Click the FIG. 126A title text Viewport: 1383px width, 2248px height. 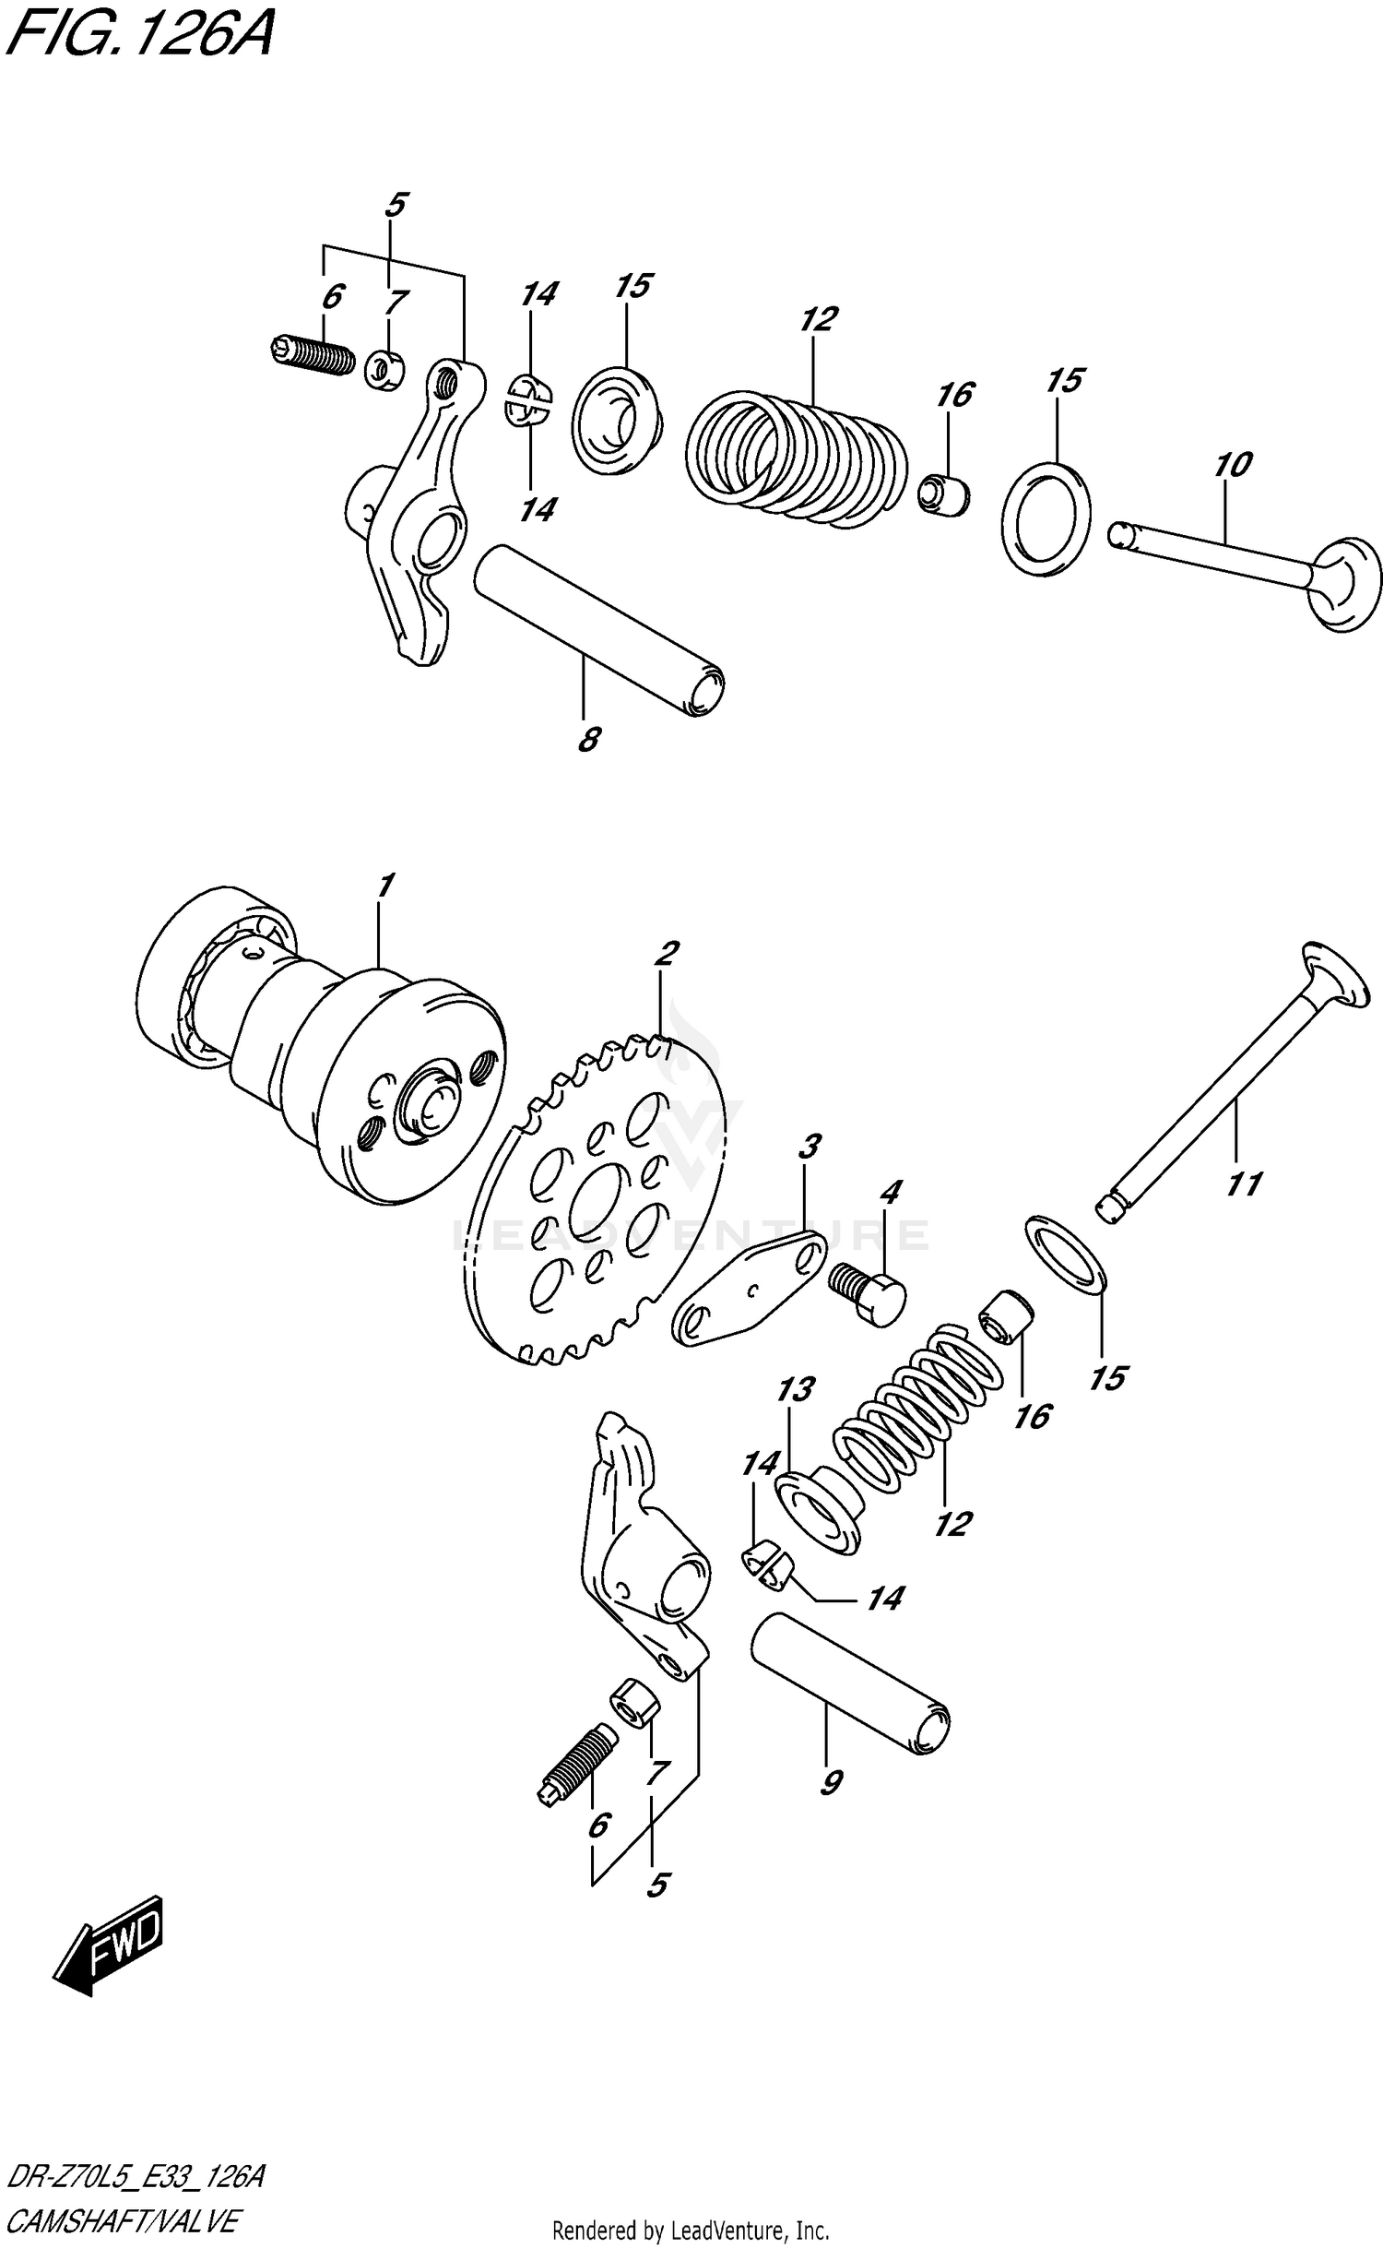click(x=138, y=37)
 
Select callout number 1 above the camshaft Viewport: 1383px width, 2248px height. click(x=384, y=885)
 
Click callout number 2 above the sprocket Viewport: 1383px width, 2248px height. click(x=666, y=952)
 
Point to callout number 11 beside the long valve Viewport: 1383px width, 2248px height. click(x=1244, y=1183)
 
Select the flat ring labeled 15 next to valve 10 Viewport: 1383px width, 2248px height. click(x=1046, y=519)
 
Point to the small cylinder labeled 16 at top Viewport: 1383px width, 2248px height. click(x=946, y=494)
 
